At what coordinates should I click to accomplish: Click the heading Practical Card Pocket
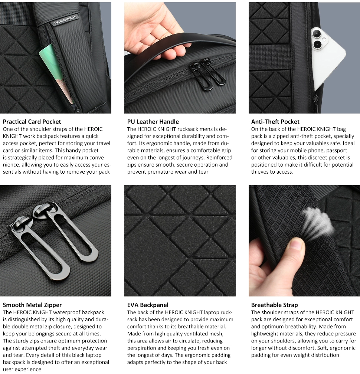coord(32,122)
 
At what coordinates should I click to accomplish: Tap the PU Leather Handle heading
coord(153,122)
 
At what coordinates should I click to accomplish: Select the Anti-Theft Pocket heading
coord(275,122)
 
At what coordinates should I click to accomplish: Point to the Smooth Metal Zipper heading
coord(32,305)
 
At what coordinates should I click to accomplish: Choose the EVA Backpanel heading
coord(148,305)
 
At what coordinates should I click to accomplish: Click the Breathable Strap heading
coord(274,305)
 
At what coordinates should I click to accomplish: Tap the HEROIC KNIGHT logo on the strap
coord(65,20)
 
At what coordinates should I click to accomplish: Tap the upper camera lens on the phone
coord(317,34)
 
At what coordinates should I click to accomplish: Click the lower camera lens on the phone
coord(318,45)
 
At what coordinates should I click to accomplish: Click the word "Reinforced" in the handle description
coord(219,158)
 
